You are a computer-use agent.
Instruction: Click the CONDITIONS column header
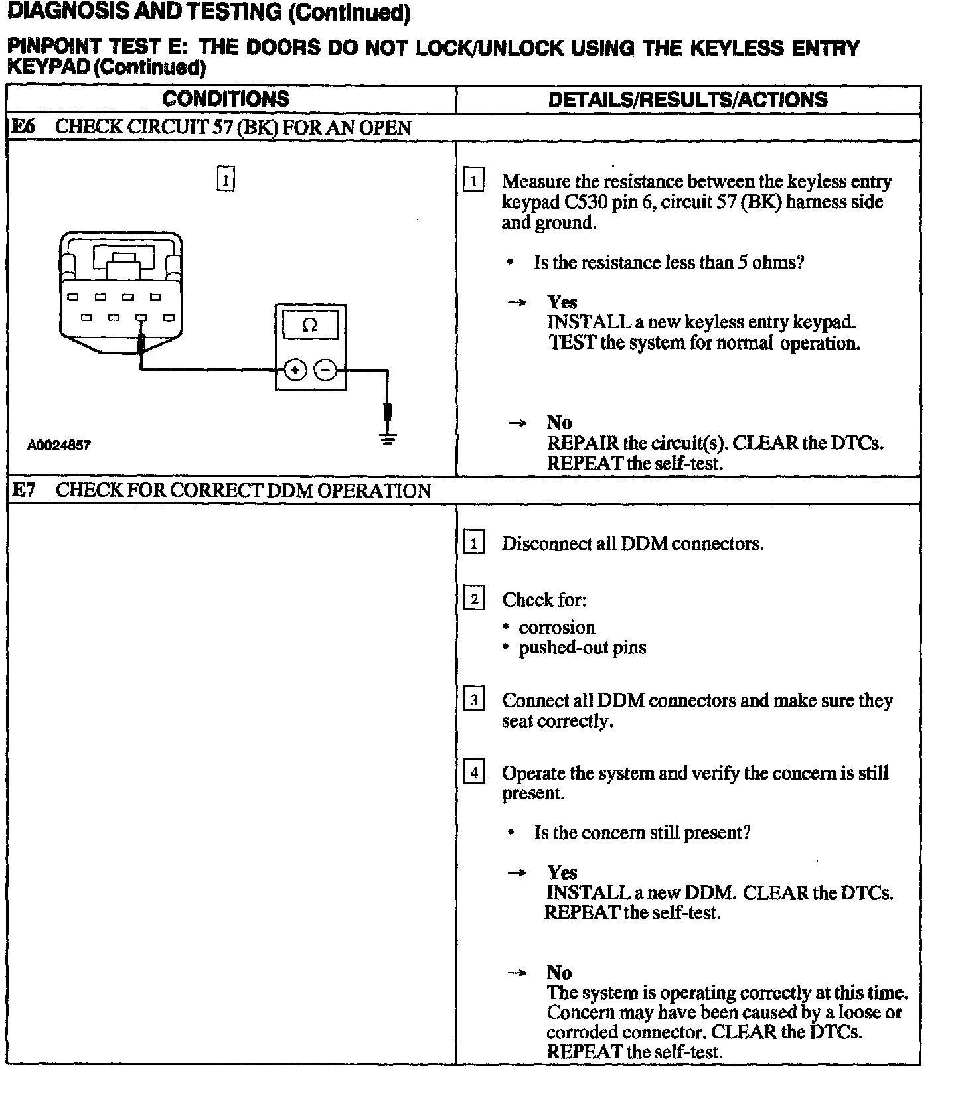point(226,100)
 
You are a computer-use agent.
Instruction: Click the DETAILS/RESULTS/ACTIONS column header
point(688,100)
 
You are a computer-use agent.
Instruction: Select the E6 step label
point(23,127)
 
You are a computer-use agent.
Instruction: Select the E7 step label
point(24,490)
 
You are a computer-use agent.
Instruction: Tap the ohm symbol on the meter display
point(309,325)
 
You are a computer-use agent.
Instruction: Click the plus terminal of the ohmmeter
point(295,370)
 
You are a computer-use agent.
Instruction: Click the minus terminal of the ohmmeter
point(325,370)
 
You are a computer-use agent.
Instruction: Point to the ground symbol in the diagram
point(388,439)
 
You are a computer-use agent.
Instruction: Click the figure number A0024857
point(58,445)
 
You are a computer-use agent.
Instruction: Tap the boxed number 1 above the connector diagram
point(226,179)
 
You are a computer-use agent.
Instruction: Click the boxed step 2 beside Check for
point(473,600)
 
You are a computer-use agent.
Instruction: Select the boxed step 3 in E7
point(473,700)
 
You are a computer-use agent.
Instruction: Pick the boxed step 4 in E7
point(473,773)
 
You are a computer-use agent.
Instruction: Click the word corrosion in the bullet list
point(556,628)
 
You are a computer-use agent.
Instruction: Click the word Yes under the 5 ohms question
point(562,303)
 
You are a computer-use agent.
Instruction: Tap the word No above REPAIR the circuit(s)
point(559,423)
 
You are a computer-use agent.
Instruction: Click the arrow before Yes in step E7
point(517,873)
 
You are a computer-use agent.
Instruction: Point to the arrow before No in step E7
point(517,973)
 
